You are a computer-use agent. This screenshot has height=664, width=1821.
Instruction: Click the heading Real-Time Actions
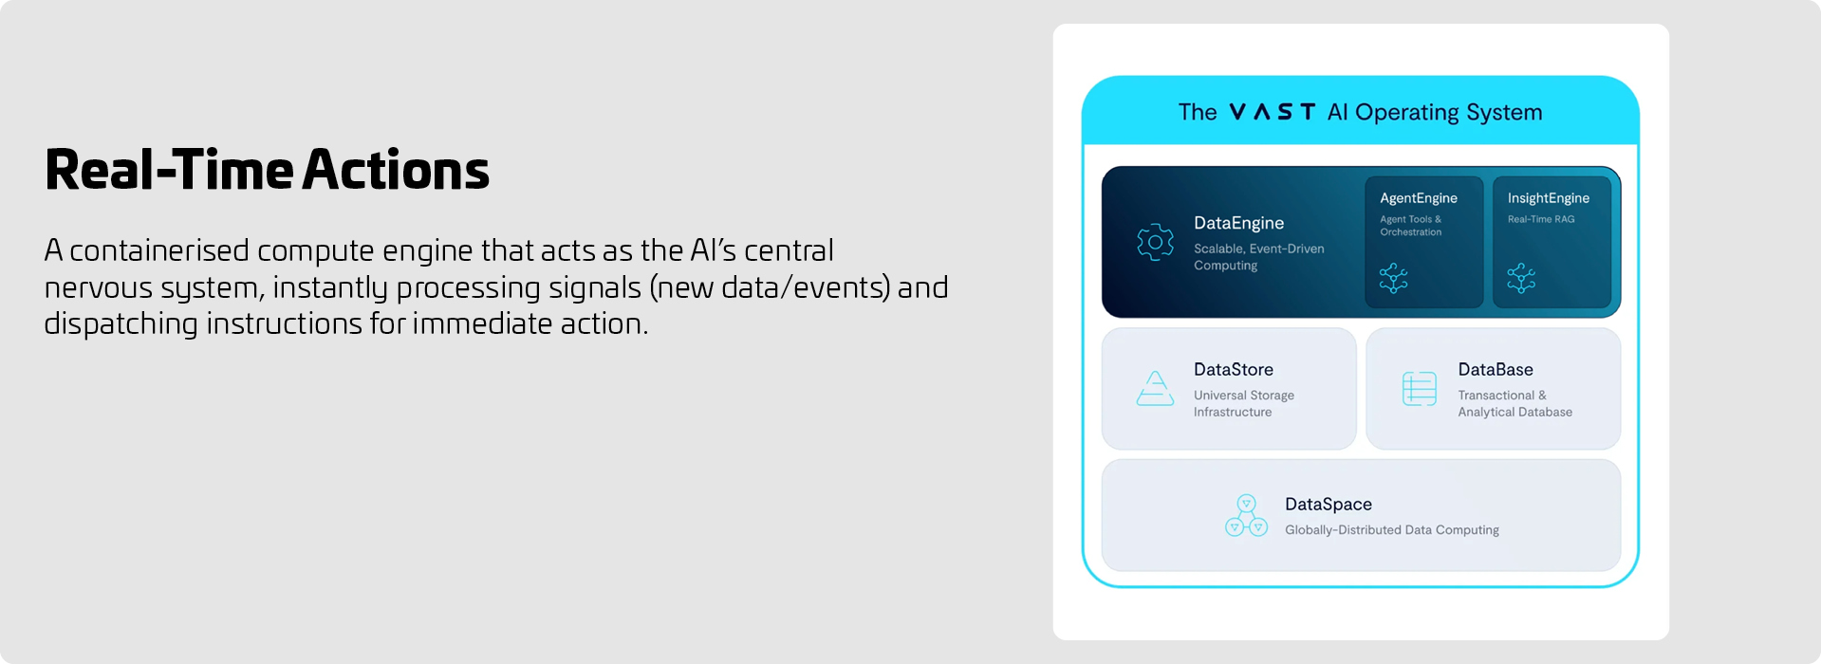point(267,170)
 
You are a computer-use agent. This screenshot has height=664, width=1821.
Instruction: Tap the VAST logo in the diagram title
point(1272,112)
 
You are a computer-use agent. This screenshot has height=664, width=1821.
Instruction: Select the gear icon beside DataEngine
point(1155,243)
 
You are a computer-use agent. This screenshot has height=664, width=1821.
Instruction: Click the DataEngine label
point(1238,223)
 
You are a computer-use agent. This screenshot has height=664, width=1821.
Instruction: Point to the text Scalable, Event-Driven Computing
point(1258,257)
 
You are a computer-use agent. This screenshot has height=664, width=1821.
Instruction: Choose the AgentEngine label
point(1418,198)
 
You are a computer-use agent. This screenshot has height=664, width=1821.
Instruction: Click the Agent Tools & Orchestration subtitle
point(1410,226)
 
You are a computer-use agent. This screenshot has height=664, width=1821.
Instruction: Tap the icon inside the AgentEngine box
point(1393,278)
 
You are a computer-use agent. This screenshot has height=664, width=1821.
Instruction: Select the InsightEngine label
point(1548,198)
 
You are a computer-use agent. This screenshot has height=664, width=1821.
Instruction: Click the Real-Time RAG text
point(1540,219)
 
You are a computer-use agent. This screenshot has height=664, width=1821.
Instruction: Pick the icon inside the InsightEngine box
point(1521,278)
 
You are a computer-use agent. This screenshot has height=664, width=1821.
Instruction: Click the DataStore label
point(1233,370)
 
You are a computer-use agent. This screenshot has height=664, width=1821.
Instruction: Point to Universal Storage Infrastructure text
point(1243,403)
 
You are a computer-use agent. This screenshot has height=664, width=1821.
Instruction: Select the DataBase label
point(1495,370)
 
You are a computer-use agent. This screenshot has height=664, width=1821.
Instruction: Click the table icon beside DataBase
point(1419,389)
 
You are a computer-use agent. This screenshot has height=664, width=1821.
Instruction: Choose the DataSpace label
point(1328,505)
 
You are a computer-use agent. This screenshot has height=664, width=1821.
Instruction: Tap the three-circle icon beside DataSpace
point(1246,515)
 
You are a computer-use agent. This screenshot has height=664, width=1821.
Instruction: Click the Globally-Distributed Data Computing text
point(1391,530)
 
